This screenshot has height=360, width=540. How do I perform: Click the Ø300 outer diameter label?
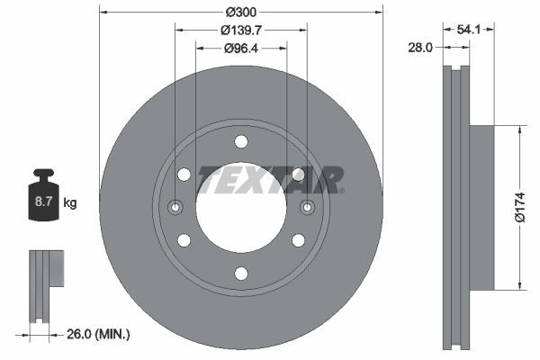tap(241, 12)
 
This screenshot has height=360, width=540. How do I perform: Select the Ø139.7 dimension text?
tap(241, 30)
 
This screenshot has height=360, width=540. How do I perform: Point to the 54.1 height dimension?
tap(469, 30)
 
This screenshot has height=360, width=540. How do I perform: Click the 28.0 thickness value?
tap(420, 47)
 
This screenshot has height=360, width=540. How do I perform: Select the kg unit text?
tap(70, 202)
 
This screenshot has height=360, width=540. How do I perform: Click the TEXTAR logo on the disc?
tap(270, 179)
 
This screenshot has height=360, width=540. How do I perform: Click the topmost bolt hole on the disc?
tap(241, 141)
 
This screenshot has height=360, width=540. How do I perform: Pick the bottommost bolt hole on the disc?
tap(241, 274)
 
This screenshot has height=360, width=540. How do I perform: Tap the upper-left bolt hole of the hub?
tap(184, 175)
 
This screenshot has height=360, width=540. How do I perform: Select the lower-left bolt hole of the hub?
tap(184, 240)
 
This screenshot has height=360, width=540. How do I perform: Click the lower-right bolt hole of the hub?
tap(298, 240)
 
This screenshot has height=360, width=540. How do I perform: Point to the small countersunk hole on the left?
tap(175, 208)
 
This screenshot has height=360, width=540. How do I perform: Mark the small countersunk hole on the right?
tap(308, 208)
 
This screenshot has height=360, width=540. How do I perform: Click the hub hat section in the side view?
tap(481, 207)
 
